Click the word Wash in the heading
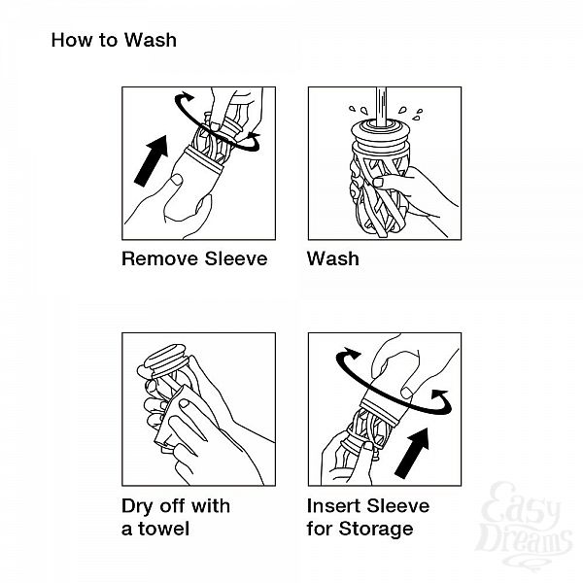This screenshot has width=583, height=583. point(151,40)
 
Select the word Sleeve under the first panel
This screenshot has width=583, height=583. point(236,258)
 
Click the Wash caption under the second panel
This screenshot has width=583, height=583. point(333,258)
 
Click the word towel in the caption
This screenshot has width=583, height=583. point(163,529)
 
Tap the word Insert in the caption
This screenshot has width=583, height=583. point(333,506)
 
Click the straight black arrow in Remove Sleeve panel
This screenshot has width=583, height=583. point(152,160)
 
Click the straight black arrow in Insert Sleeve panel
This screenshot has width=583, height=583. point(412,453)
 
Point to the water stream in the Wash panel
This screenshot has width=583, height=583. point(381,107)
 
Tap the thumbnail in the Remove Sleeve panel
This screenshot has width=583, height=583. point(176,180)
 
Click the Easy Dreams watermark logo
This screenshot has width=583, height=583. point(525,525)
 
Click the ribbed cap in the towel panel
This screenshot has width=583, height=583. point(165,359)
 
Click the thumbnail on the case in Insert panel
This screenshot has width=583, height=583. point(407,393)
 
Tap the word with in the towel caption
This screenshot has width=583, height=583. point(211,506)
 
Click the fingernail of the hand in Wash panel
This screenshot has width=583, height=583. point(378,183)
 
